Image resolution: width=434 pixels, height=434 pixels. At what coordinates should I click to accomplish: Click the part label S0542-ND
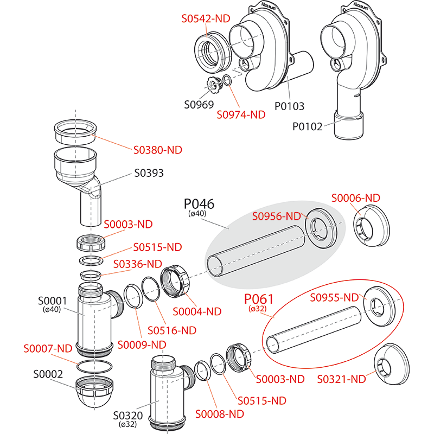click(206, 18)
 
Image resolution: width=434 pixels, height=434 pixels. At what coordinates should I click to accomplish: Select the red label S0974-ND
click(241, 114)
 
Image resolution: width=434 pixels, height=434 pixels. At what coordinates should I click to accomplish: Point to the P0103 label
click(289, 106)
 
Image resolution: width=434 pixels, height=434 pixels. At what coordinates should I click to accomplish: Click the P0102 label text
click(308, 127)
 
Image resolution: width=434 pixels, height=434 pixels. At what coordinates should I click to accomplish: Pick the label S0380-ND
click(157, 150)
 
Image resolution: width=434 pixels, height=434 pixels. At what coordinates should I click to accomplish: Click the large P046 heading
click(199, 204)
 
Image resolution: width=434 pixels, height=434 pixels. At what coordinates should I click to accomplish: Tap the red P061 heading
click(259, 299)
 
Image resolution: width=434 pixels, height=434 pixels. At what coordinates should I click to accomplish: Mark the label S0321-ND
click(342, 379)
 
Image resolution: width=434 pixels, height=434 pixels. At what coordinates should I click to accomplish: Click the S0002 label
click(48, 374)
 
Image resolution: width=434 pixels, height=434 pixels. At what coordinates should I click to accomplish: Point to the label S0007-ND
click(48, 348)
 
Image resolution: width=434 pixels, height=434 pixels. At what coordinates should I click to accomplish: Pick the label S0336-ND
click(137, 264)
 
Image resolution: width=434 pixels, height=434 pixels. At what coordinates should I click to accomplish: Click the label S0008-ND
click(220, 414)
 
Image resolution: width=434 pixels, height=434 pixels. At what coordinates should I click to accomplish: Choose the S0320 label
click(127, 416)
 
